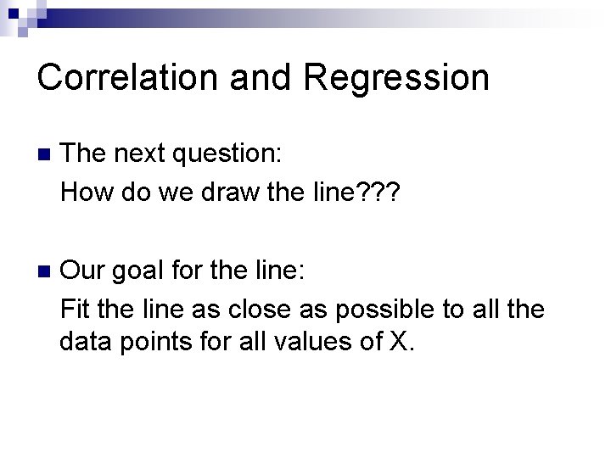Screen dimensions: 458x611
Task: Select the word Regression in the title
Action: click(395, 79)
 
